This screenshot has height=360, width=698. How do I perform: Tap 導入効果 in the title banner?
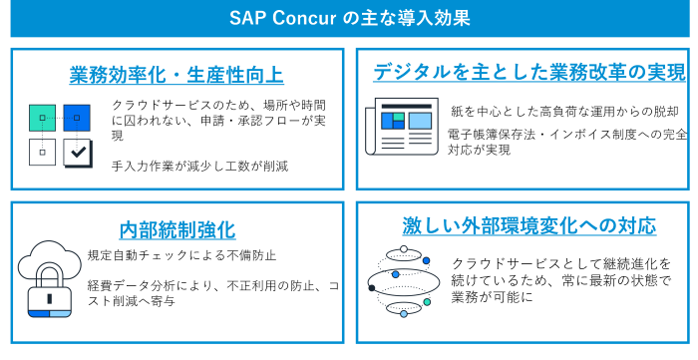434,18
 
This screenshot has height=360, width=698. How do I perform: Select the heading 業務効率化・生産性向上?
176,75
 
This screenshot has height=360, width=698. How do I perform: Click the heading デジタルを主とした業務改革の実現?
528,72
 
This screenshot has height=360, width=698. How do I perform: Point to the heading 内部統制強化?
176,230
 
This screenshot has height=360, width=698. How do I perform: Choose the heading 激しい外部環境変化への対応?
528,225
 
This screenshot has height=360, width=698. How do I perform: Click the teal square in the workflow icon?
42,118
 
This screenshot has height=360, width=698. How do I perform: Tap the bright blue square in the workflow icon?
77,118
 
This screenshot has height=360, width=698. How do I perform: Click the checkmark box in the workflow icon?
77,153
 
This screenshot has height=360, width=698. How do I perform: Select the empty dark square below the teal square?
42,153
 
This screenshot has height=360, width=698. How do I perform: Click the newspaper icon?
402,127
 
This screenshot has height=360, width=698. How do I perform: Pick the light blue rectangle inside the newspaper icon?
420,121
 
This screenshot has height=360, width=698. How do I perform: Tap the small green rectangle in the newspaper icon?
399,117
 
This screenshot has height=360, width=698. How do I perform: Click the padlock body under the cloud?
49,297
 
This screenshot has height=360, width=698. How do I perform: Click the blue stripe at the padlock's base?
39,313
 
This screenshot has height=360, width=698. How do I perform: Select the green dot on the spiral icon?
427,301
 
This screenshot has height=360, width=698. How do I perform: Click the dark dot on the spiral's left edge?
372,288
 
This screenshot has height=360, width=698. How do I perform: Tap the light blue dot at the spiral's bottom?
403,314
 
